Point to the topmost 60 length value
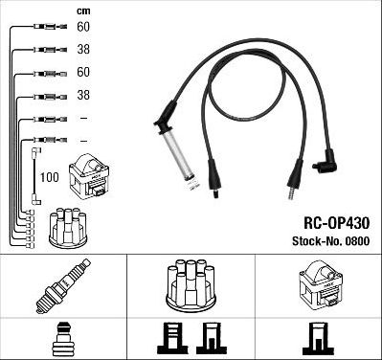(x=83, y=28)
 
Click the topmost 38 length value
(x=83, y=50)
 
